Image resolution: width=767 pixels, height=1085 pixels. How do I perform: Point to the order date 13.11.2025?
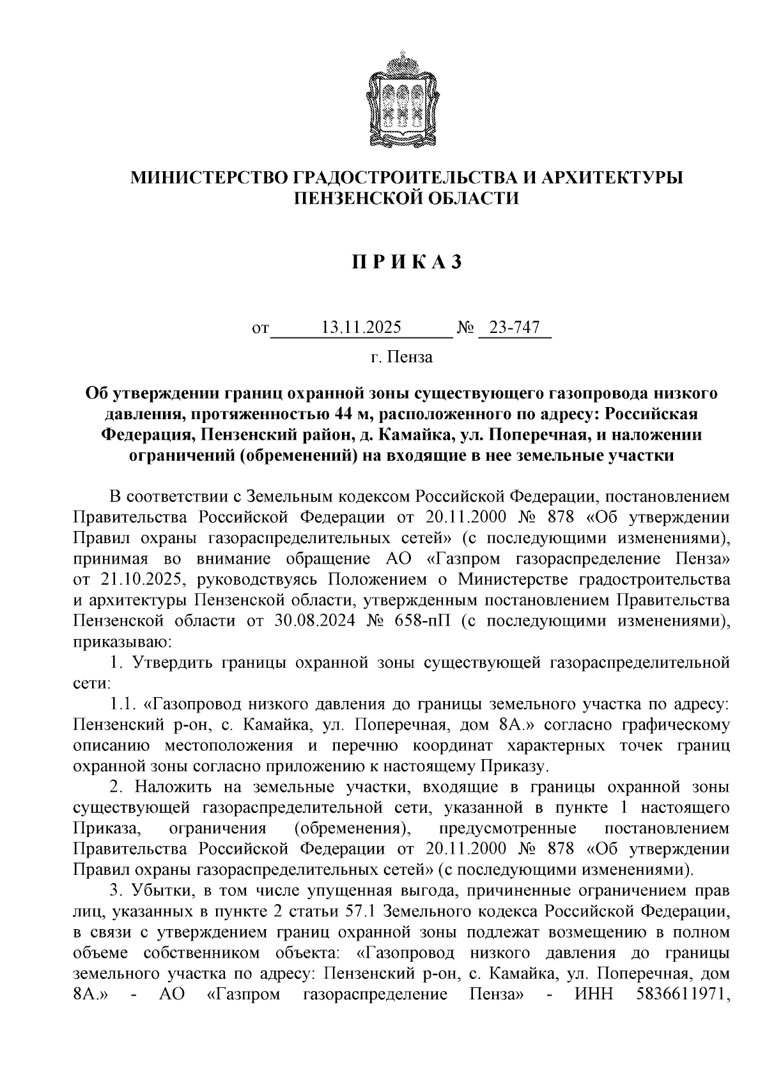(x=361, y=328)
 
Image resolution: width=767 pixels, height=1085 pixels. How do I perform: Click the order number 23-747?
(x=515, y=328)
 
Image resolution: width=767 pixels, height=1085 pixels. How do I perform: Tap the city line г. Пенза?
(x=401, y=357)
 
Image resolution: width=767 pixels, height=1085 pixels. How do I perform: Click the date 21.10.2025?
(x=146, y=580)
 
